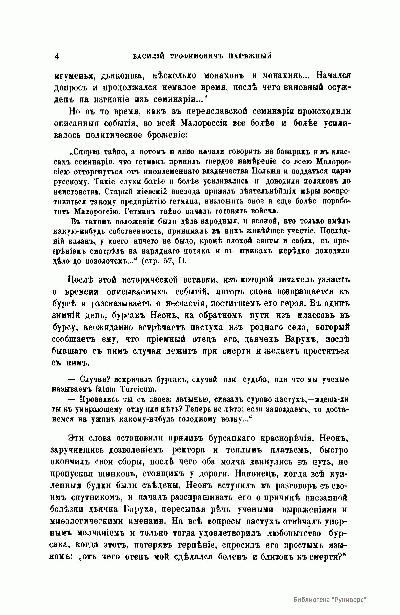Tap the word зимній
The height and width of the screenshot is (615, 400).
point(65,315)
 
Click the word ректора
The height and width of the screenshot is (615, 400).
point(189,449)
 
